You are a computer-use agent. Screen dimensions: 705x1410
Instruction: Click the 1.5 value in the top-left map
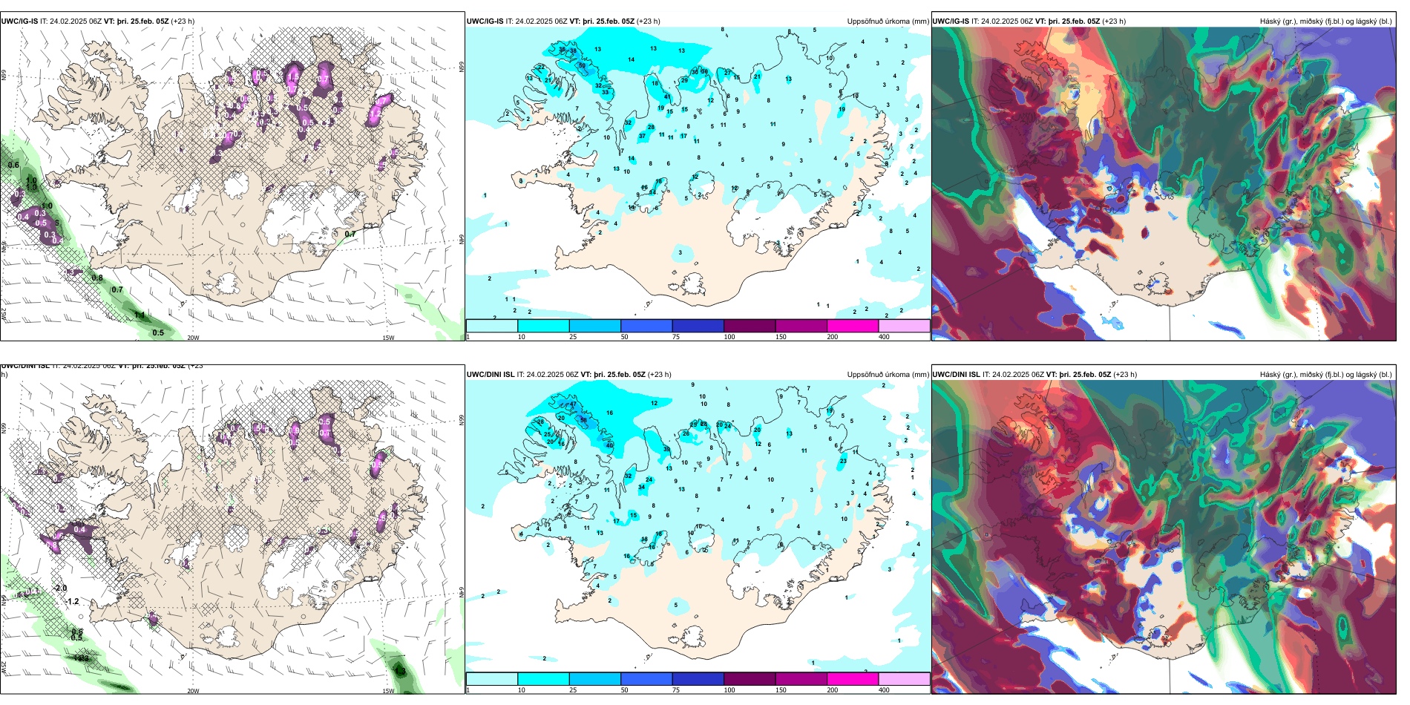(293, 76)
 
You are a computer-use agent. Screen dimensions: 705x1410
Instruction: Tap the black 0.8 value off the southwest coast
(97, 278)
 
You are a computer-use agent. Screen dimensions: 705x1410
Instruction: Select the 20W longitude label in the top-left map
(193, 338)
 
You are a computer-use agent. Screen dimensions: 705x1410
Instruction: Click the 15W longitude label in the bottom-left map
(387, 691)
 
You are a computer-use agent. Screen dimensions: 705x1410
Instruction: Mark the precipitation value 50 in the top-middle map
(583, 66)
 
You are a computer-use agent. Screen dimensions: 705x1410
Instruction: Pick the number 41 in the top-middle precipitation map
(668, 97)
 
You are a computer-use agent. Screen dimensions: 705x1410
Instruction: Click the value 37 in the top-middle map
(643, 137)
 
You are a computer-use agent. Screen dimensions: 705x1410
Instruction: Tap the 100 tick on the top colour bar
(729, 337)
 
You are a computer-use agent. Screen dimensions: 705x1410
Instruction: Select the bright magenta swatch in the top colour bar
(853, 326)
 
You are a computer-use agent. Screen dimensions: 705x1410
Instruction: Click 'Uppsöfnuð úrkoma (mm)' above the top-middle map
(888, 22)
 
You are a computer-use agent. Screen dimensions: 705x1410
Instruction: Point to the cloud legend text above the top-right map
(1325, 22)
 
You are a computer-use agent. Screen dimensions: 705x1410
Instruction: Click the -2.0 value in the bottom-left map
(61, 588)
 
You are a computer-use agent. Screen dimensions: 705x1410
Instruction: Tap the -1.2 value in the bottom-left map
(72, 601)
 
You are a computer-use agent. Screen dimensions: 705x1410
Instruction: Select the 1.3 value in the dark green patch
(401, 672)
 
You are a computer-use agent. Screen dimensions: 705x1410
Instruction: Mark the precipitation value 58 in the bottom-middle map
(584, 420)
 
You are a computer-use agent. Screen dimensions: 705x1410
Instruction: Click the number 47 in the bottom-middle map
(573, 405)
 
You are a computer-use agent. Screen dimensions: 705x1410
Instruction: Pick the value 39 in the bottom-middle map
(666, 450)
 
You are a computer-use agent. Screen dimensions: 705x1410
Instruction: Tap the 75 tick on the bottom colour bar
(676, 690)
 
